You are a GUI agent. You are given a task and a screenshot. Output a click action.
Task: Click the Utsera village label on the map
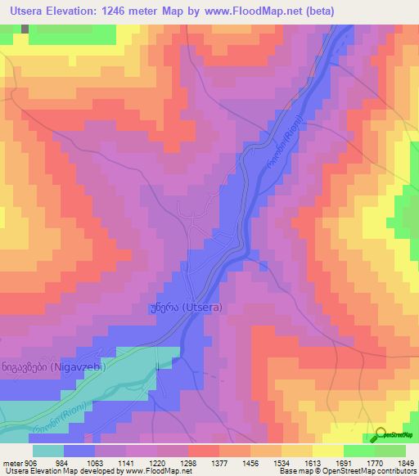(186, 308)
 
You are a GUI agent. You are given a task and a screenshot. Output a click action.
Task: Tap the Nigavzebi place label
(55, 368)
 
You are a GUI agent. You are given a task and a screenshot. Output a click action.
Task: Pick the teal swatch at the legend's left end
(48, 451)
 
